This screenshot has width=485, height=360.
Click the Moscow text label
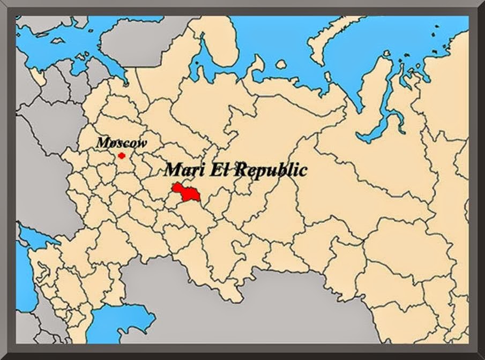click(121, 143)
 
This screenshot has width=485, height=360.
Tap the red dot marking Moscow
click(122, 155)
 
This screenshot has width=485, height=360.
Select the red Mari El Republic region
click(186, 192)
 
